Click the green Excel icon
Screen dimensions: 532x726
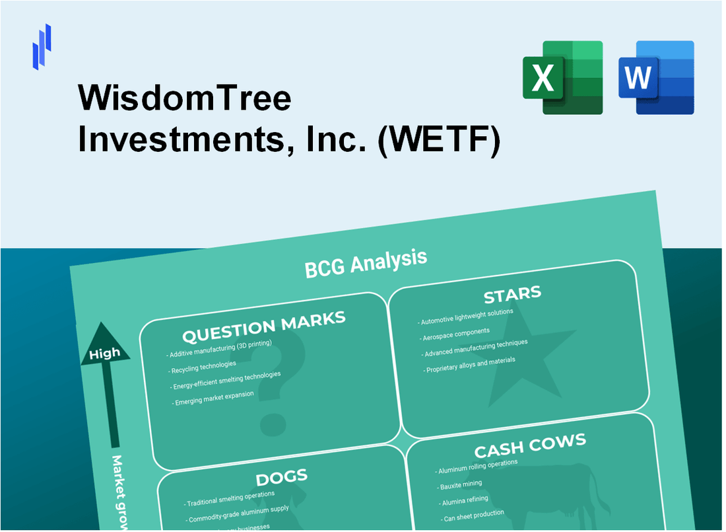pyautogui.click(x=562, y=77)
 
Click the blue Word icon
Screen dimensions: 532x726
pyautogui.click(x=656, y=77)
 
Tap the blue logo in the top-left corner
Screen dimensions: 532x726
pyautogui.click(x=42, y=46)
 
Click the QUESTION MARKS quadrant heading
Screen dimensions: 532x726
pyautogui.click(x=263, y=326)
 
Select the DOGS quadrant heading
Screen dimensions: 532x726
pyautogui.click(x=282, y=476)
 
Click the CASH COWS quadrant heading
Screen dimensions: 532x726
pyautogui.click(x=530, y=446)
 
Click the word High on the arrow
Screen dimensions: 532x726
pyautogui.click(x=104, y=353)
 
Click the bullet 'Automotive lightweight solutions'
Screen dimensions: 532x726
pyautogui.click(x=465, y=316)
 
